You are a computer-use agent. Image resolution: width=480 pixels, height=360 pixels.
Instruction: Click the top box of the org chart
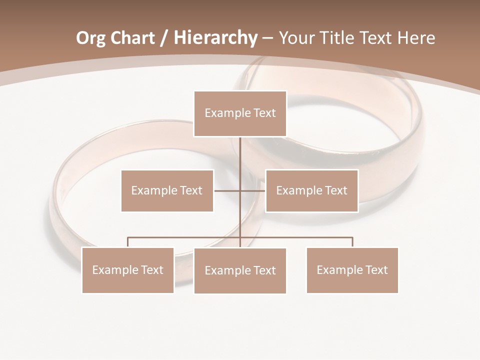(240, 113)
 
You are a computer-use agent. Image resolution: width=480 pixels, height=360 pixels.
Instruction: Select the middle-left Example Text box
(167, 190)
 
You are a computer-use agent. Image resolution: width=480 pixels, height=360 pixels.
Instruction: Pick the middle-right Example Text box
(311, 190)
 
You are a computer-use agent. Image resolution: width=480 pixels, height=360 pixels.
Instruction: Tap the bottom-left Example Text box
(128, 270)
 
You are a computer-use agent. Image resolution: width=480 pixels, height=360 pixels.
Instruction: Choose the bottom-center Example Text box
(240, 270)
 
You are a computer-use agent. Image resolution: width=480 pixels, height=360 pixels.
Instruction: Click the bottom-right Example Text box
(352, 270)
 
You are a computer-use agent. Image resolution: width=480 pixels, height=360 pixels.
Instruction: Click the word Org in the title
(90, 38)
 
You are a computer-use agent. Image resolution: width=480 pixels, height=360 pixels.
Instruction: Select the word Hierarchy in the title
(215, 38)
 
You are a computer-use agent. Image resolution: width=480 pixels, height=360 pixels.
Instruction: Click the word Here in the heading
(415, 38)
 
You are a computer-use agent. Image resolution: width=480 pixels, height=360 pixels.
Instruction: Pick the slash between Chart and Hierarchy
(164, 38)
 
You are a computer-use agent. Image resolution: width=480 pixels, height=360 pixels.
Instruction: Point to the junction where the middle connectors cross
(240, 190)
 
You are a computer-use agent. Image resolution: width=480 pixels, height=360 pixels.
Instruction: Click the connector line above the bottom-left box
(128, 242)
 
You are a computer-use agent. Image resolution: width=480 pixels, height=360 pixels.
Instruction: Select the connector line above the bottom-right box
(352, 242)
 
